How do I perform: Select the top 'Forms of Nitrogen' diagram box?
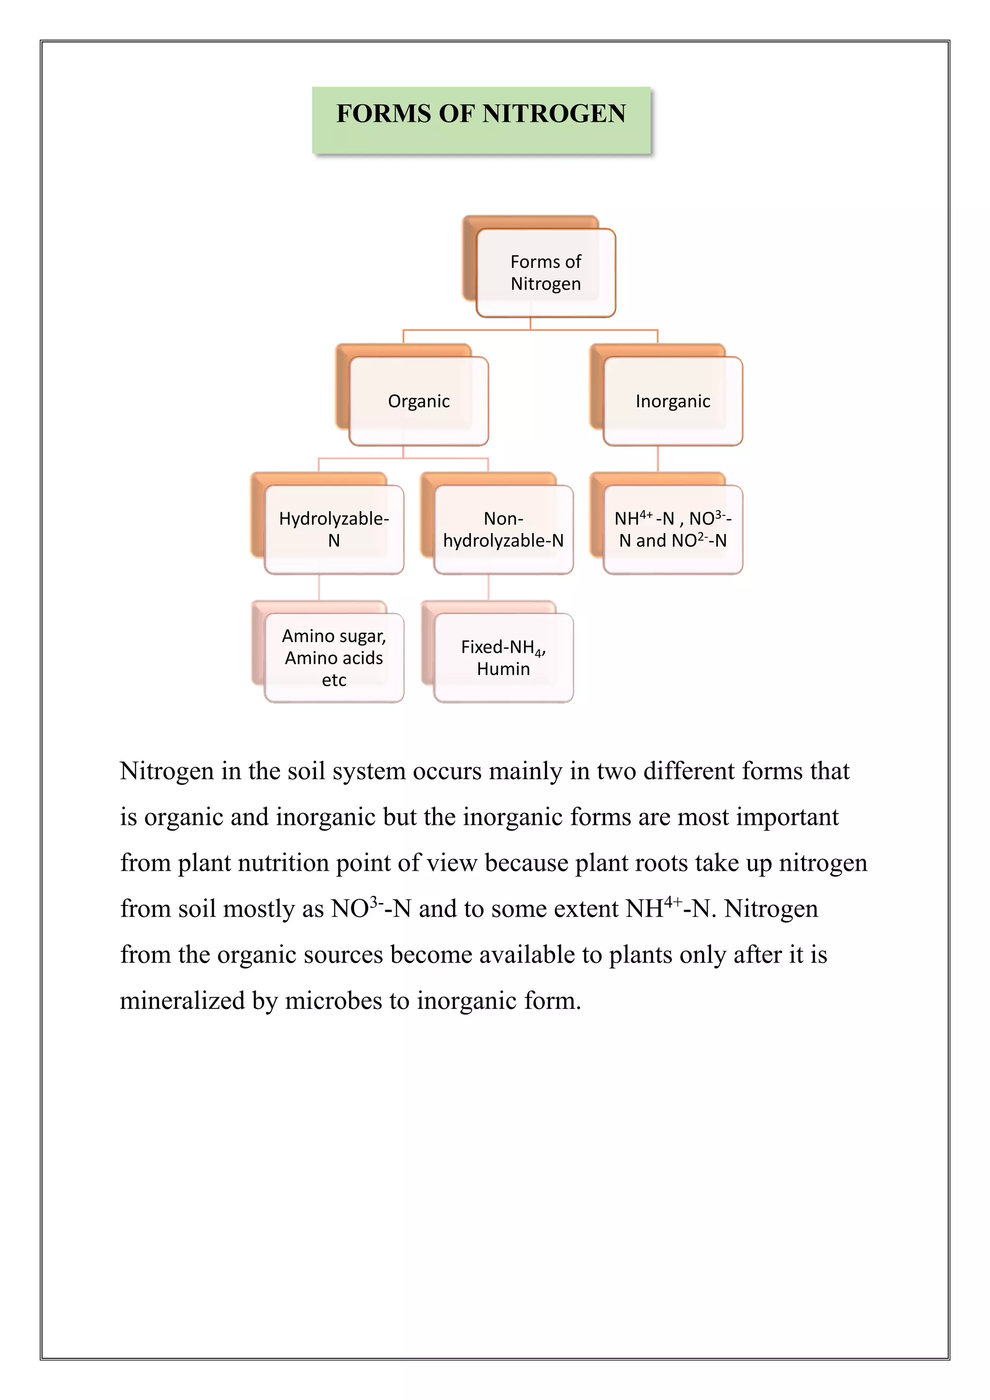tap(546, 273)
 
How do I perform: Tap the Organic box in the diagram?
tap(419, 401)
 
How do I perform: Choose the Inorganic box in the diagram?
tap(672, 401)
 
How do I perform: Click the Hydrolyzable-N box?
tap(334, 529)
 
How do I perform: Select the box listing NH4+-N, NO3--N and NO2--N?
tap(672, 529)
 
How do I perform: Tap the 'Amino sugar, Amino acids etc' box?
tap(334, 657)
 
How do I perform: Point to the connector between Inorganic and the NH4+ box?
tap(658, 459)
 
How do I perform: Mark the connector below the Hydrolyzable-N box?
tap(319, 587)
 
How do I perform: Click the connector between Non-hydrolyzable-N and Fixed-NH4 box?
tap(488, 587)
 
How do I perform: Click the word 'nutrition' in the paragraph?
tap(283, 863)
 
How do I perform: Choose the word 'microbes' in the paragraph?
tap(334, 1001)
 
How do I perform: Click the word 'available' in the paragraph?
tap(527, 955)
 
